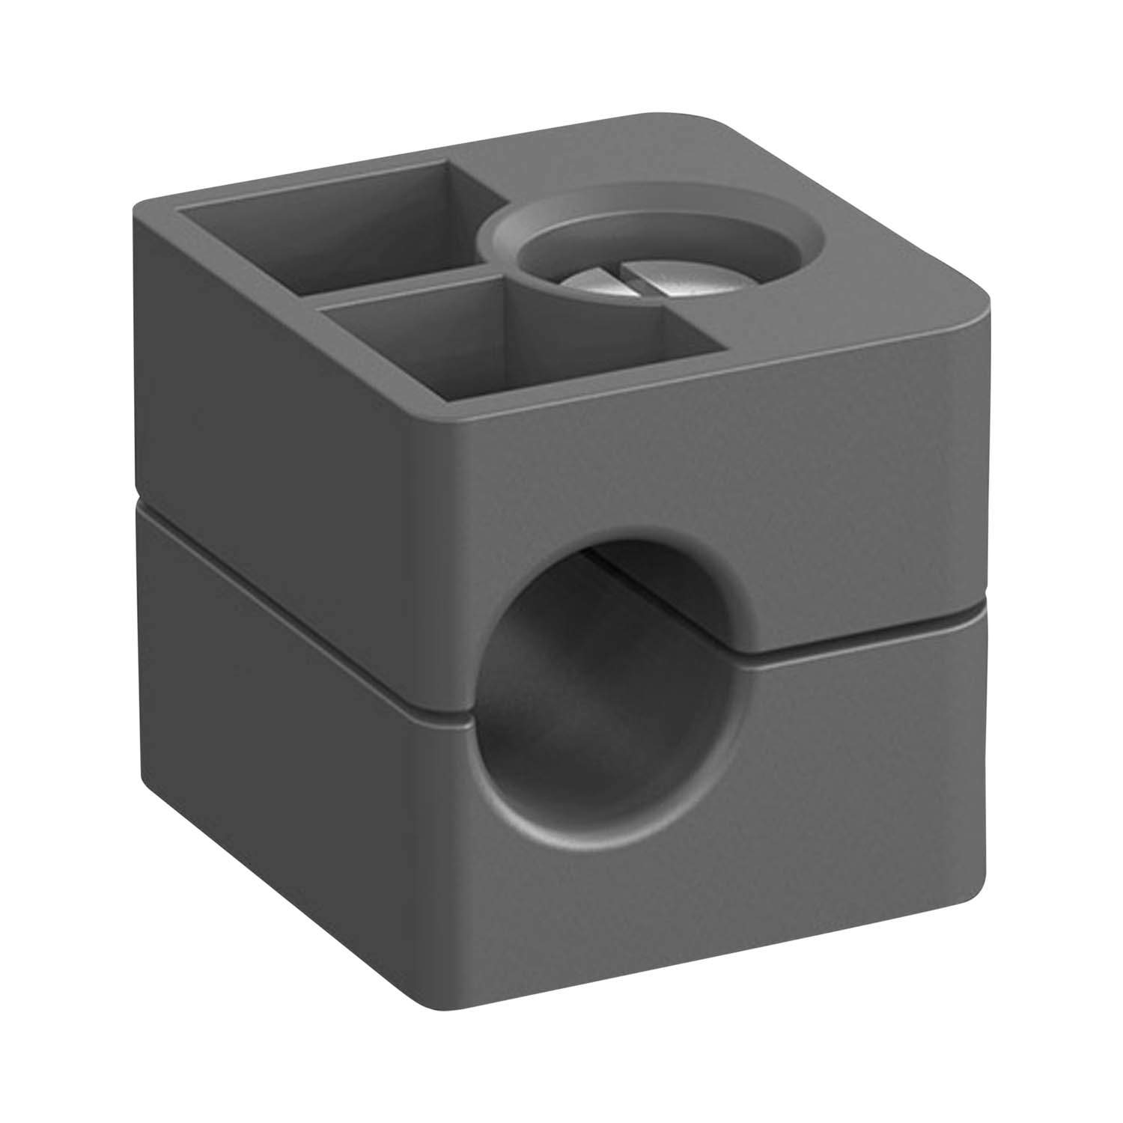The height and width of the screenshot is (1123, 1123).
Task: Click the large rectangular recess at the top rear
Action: pyautogui.click(x=329, y=225)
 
